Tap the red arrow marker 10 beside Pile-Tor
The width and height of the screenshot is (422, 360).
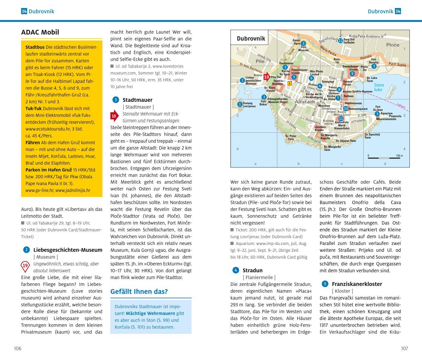pos(267,77)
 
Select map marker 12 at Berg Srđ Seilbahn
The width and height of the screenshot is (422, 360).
pos(340,40)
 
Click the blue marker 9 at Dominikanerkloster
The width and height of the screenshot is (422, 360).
pos(352,74)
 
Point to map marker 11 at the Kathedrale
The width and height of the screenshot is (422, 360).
pos(341,119)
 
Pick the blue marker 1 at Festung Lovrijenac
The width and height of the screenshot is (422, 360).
pos(240,104)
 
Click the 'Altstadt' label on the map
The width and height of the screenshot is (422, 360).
pos(305,102)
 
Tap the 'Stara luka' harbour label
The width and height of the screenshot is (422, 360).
pos(379,87)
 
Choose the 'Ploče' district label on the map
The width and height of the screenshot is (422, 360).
pos(393,45)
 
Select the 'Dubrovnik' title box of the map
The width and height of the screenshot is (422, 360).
pos(251,38)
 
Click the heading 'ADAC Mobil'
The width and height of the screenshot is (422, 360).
pos(40,32)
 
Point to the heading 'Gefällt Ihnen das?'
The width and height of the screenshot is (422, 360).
pos(139,292)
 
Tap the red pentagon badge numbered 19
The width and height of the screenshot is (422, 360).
pos(25,266)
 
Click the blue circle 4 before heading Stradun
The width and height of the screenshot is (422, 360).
pos(236,270)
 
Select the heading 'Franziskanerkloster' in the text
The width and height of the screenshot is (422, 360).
pos(357,284)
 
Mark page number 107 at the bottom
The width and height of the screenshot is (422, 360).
pos(404,348)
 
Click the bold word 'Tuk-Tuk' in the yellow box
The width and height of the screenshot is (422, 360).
pos(34,109)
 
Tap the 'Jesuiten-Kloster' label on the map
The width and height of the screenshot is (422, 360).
pos(319,128)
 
